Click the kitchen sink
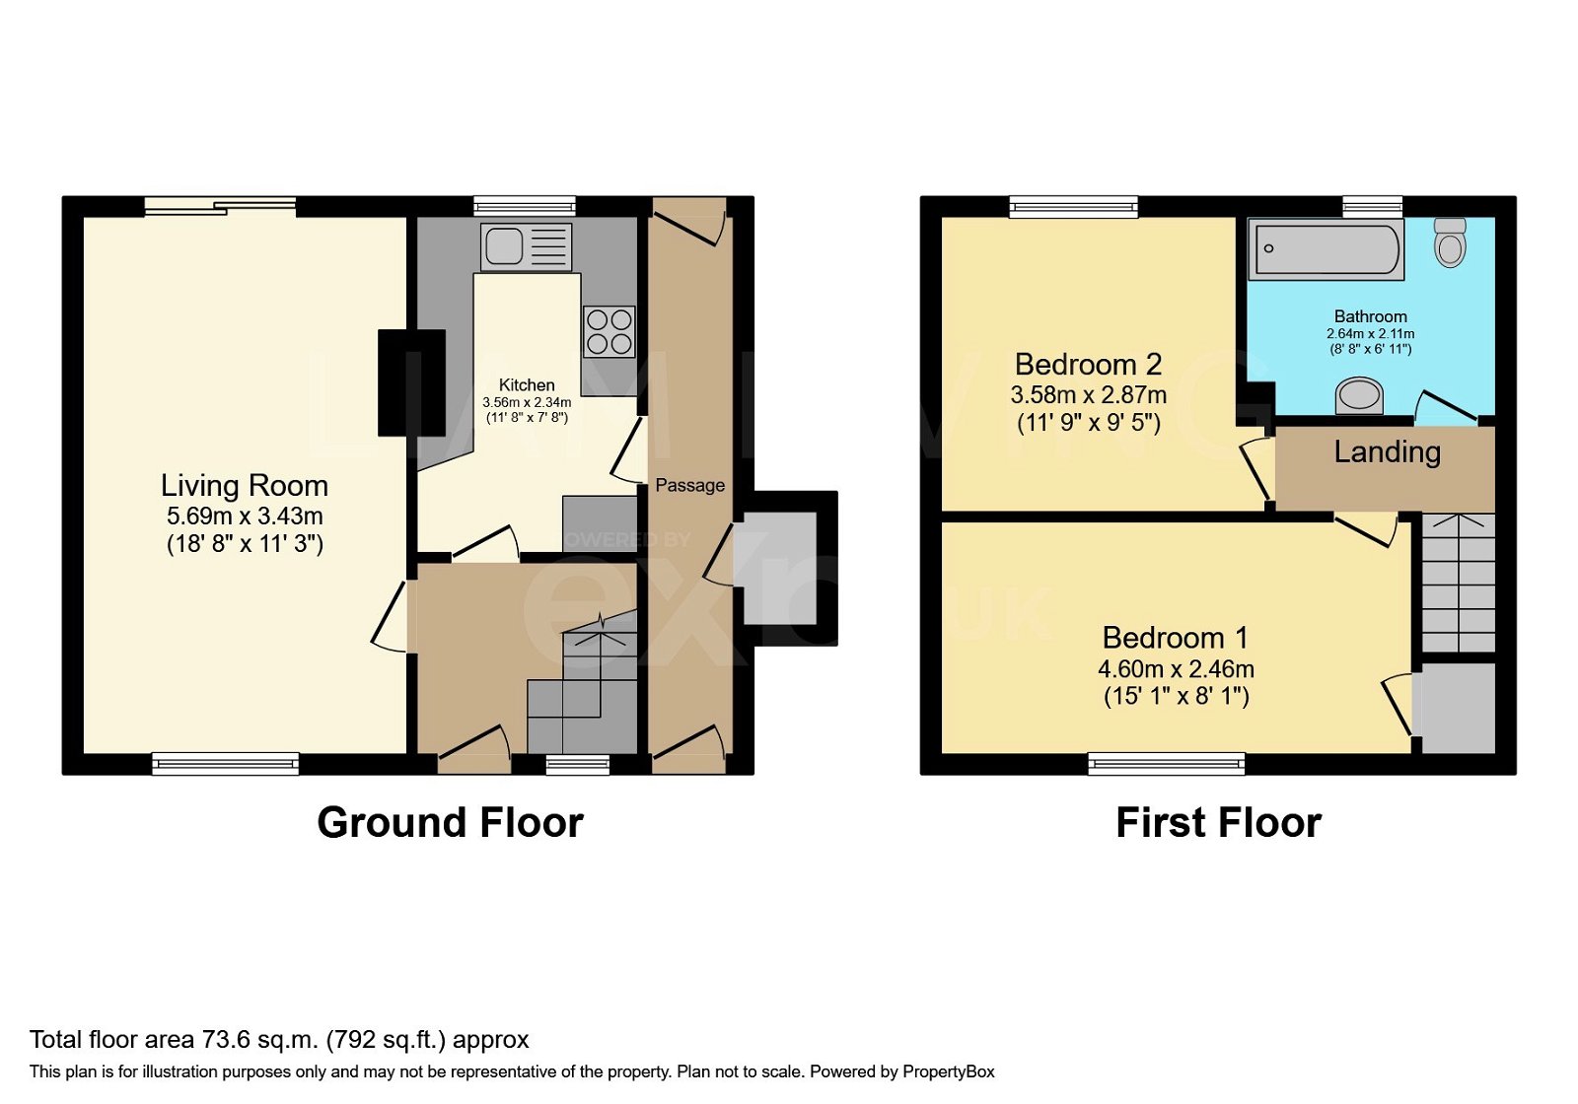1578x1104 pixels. click(x=526, y=246)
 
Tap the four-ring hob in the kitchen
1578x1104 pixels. click(x=610, y=332)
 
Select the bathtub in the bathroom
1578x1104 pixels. click(x=1325, y=248)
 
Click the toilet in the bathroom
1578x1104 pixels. click(x=1450, y=242)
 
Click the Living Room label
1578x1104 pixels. click(x=245, y=486)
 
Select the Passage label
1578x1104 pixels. click(x=689, y=485)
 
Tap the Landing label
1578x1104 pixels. click(x=1387, y=452)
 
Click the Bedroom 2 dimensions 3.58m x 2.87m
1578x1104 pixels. click(x=1088, y=395)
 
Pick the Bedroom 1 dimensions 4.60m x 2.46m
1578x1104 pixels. click(x=1176, y=669)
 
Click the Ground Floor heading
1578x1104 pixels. click(x=450, y=823)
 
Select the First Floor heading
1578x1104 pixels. click(x=1218, y=823)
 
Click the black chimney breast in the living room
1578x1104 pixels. click(x=411, y=382)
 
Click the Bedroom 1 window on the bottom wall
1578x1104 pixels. click(x=1167, y=763)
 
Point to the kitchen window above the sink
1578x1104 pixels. click(x=524, y=206)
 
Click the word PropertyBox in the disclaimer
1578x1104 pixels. click(x=948, y=1071)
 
